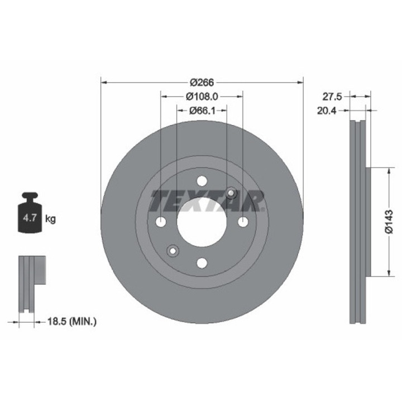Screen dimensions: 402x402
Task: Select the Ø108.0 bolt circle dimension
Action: [202, 96]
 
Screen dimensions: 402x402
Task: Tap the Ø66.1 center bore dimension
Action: [202, 110]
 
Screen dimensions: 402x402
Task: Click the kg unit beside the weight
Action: [50, 219]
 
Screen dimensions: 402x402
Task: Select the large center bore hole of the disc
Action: [202, 222]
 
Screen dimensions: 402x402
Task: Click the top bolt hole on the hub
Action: [202, 181]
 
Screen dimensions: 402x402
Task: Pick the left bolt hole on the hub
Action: [161, 222]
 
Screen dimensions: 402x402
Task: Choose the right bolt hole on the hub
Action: [243, 222]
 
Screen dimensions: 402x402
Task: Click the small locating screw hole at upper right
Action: [231, 193]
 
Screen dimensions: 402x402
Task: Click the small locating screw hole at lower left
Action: [173, 251]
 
